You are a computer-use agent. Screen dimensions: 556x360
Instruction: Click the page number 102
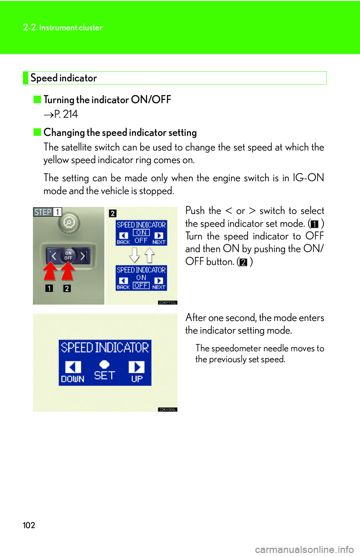(x=29, y=525)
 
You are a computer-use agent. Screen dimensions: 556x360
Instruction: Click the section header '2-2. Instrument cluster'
(x=63, y=27)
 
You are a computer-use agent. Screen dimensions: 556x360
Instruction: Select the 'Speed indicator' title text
(x=64, y=78)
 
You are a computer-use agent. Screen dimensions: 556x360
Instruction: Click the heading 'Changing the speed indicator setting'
(x=120, y=133)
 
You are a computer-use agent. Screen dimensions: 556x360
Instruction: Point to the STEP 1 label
(x=47, y=212)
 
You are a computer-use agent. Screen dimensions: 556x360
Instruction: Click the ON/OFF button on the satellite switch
(x=68, y=256)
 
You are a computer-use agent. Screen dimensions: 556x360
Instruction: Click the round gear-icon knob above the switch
(x=69, y=223)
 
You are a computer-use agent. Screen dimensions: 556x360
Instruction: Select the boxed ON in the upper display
(x=141, y=233)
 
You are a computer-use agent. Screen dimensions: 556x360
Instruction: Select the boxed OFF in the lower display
(x=141, y=285)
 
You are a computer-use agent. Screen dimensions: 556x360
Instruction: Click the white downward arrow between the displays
(x=134, y=255)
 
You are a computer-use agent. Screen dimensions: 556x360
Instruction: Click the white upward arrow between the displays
(x=149, y=255)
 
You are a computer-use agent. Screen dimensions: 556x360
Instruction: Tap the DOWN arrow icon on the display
(x=73, y=367)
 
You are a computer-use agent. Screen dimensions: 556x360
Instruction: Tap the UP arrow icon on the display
(x=136, y=367)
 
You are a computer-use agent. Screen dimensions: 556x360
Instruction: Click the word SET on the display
(x=104, y=375)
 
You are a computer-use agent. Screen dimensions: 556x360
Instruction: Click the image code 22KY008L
(x=167, y=410)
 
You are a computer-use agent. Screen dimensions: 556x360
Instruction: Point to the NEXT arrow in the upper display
(x=159, y=236)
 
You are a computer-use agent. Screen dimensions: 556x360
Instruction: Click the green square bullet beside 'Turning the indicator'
(x=37, y=99)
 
